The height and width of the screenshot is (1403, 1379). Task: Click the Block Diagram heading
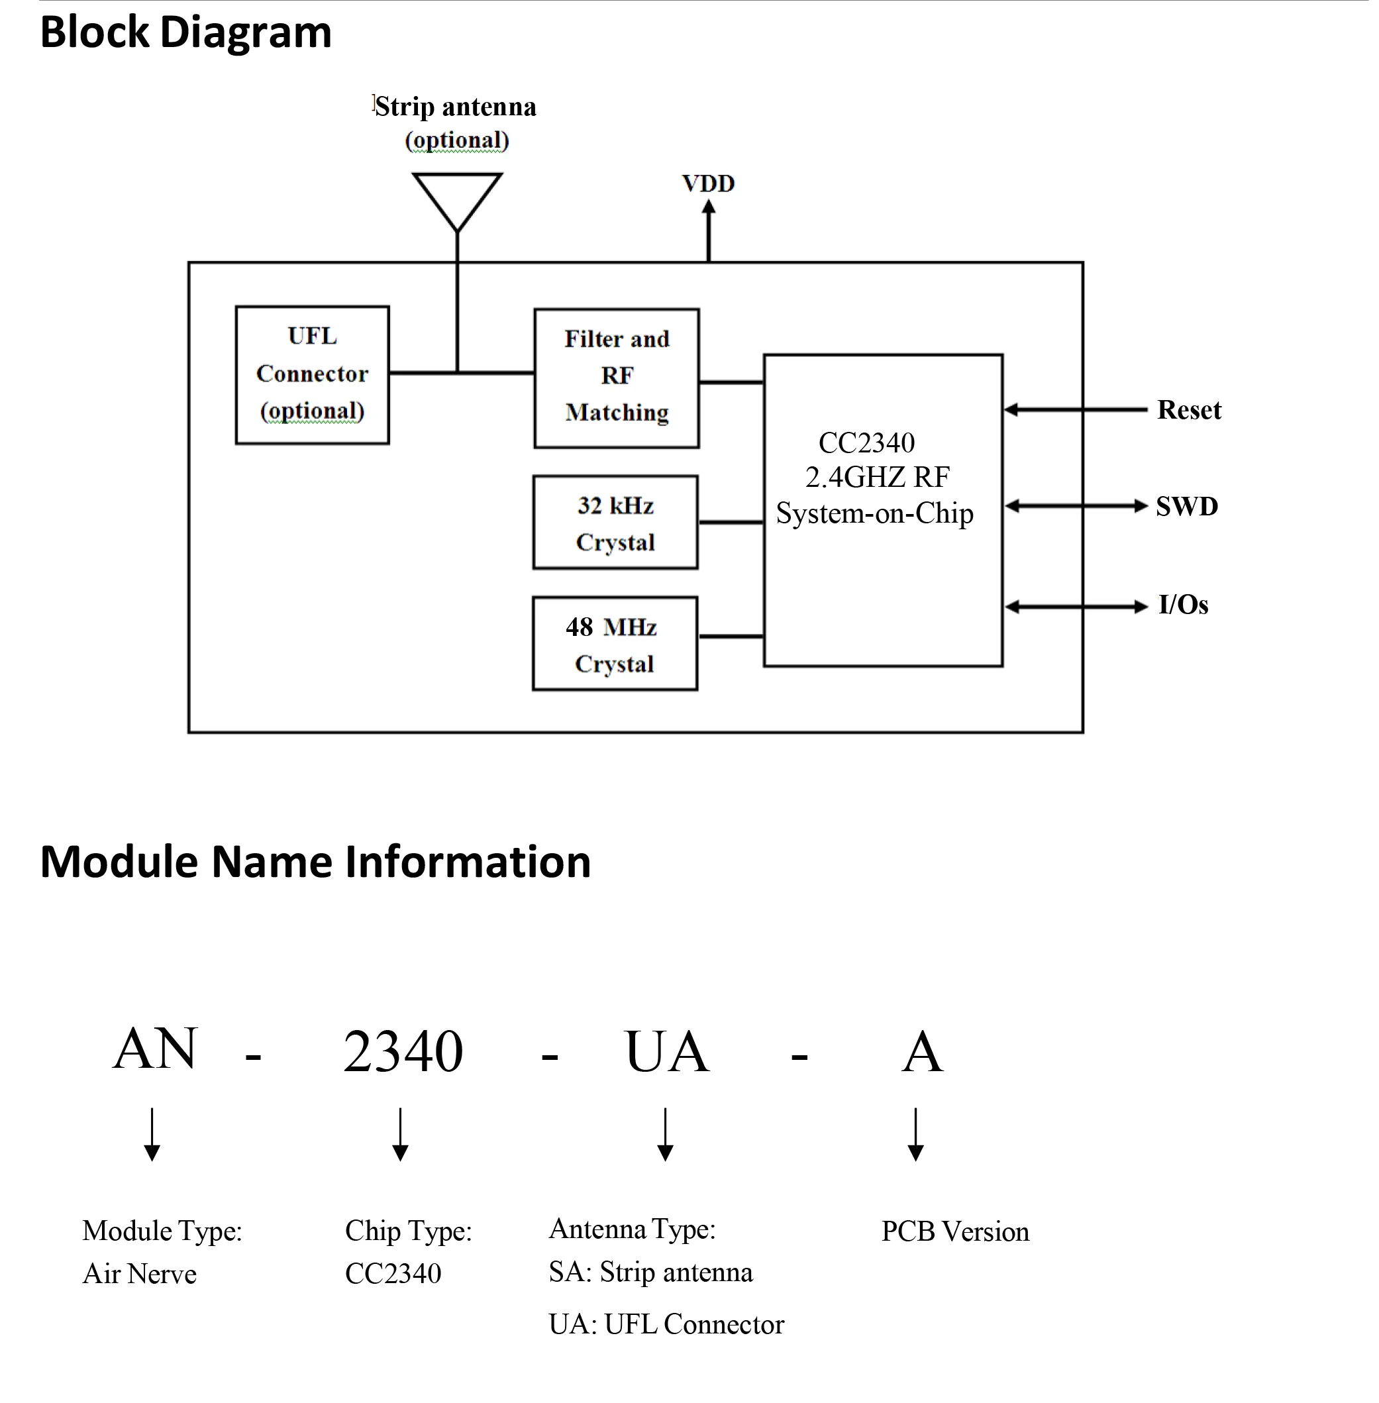coord(185,32)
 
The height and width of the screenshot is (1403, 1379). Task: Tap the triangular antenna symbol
coord(457,195)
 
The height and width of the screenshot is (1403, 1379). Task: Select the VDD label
coord(707,183)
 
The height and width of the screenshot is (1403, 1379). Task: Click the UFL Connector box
coord(312,374)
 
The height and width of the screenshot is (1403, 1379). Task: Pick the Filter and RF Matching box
coord(617,378)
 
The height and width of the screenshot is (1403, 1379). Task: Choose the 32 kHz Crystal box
coord(615,522)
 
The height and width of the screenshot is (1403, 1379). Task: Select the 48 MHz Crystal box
coord(614,643)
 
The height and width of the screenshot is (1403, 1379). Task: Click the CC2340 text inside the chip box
coord(866,442)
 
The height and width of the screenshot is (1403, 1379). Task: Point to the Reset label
coord(1188,410)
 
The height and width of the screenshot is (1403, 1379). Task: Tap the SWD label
coord(1186,506)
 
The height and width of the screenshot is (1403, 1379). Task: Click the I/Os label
coord(1183,605)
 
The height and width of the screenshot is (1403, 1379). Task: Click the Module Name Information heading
coord(315,861)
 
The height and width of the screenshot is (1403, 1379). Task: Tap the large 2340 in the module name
coord(403,1051)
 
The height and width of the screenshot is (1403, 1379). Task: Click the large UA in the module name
coord(666,1052)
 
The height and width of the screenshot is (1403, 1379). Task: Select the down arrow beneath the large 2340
coord(400,1133)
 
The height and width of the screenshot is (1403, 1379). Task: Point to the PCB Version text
coord(954,1232)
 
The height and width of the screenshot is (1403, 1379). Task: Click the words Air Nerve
coord(140,1274)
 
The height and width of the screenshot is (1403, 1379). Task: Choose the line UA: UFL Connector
coord(666,1324)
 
